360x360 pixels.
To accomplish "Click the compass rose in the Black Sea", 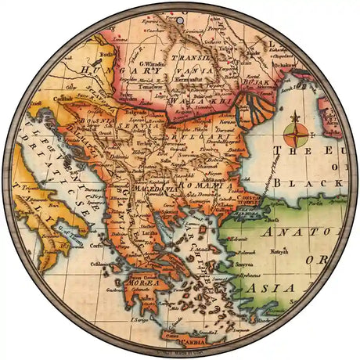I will click(x=295, y=131).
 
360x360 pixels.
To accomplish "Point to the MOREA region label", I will click(x=142, y=283).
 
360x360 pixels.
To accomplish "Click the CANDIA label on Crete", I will click(x=185, y=341).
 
